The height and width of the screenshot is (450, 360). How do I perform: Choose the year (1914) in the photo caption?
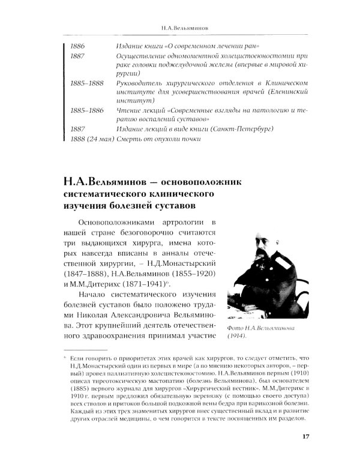coord(242,337)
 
